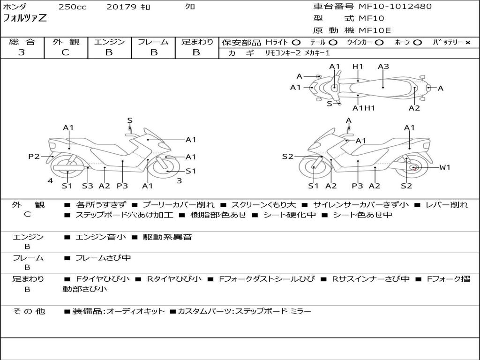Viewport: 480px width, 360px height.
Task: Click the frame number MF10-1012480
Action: tap(395, 7)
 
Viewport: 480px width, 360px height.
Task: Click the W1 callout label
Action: tap(444, 167)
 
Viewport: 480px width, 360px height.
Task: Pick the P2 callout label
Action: tap(34, 157)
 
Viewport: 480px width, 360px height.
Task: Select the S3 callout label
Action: tap(88, 186)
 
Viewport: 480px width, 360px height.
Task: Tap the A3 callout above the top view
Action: tap(383, 67)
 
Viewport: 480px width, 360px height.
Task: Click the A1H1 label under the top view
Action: tap(364, 108)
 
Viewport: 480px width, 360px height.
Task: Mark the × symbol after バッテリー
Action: tap(467, 43)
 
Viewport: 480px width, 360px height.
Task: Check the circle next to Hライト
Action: tap(296, 43)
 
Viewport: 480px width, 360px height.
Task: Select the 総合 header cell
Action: tap(22, 42)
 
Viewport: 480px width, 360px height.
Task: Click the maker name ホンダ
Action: tap(15, 7)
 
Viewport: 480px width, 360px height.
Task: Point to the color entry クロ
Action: tap(191, 7)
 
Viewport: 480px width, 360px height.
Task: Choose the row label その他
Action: tap(29, 311)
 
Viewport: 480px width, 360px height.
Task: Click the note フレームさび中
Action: tap(103, 258)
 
